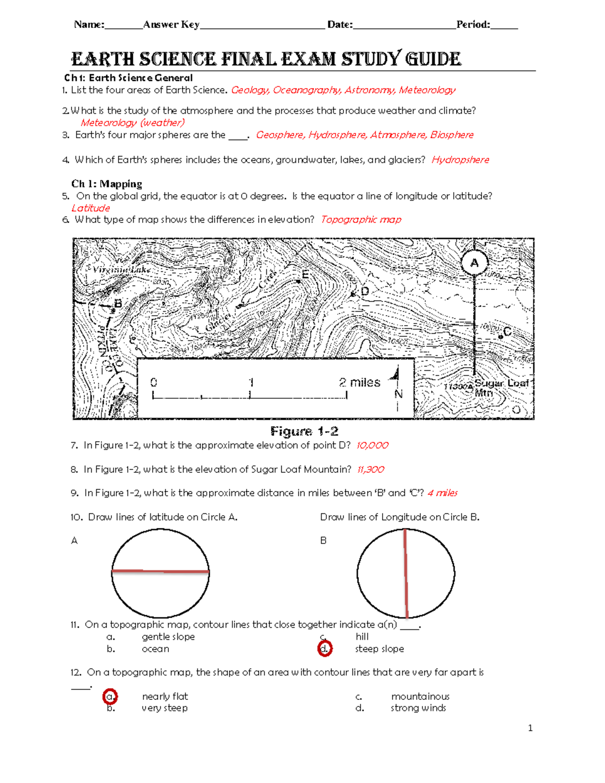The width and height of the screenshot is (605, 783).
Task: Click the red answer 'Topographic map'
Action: pyautogui.click(x=361, y=219)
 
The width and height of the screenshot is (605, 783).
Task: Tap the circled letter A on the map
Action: pyautogui.click(x=474, y=263)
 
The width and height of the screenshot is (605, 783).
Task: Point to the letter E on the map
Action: pyautogui.click(x=305, y=275)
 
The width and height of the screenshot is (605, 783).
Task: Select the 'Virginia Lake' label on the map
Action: pyautogui.click(x=122, y=270)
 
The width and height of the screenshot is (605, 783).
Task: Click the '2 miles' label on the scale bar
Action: pyautogui.click(x=359, y=382)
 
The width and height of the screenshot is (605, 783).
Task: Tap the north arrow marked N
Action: pyautogui.click(x=397, y=388)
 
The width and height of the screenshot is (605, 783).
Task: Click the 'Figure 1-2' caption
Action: pyautogui.click(x=304, y=431)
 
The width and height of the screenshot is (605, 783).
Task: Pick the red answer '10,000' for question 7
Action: pyautogui.click(x=372, y=445)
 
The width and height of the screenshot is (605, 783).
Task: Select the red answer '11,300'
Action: pyautogui.click(x=371, y=469)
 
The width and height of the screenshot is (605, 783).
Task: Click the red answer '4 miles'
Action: pyautogui.click(x=442, y=493)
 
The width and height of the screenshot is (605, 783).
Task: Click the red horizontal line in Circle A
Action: pyautogui.click(x=160, y=571)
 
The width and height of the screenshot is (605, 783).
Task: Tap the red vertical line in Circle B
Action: pyautogui.click(x=405, y=573)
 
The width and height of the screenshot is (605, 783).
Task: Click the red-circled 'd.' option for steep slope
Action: pyautogui.click(x=325, y=649)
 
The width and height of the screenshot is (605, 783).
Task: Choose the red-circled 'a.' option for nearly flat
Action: pyautogui.click(x=110, y=697)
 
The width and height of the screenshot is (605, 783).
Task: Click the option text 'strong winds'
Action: pyautogui.click(x=418, y=708)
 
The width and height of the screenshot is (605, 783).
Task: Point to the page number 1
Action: pyautogui.click(x=530, y=728)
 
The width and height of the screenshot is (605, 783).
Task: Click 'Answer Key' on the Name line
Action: pyautogui.click(x=171, y=24)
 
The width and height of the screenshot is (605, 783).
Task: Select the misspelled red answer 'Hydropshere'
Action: pyautogui.click(x=460, y=160)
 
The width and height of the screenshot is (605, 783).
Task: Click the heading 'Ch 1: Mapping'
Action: pyautogui.click(x=106, y=184)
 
